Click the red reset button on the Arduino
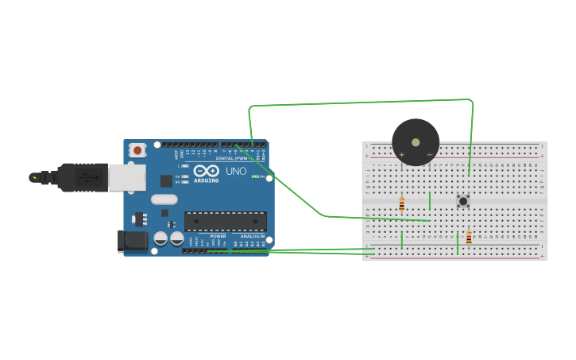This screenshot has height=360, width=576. pyautogui.click(x=137, y=149)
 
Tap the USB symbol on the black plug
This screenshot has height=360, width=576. pyautogui.click(x=82, y=177)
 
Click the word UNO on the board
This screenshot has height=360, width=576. pyautogui.click(x=237, y=171)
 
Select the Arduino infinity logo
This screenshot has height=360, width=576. pyautogui.click(x=206, y=171)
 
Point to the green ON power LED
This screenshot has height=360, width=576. pyautogui.click(x=254, y=176)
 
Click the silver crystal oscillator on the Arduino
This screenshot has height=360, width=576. pyautogui.click(x=164, y=199)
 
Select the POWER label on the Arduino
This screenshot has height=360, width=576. pyautogui.click(x=218, y=236)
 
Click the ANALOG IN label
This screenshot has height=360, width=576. pyautogui.click(x=252, y=236)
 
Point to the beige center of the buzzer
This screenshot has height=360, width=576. pyautogui.click(x=416, y=142)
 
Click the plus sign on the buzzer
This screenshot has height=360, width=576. pyautogui.click(x=401, y=154)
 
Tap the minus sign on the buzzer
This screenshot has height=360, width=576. pyautogui.click(x=430, y=154)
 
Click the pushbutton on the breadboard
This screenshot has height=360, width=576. pyautogui.click(x=462, y=201)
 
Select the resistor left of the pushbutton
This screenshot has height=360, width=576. pyautogui.click(x=401, y=203)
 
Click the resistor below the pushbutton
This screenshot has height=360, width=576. pyautogui.click(x=469, y=237)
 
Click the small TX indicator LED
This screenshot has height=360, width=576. pyautogui.click(x=185, y=176)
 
